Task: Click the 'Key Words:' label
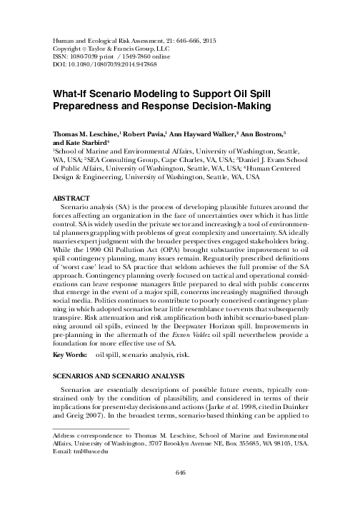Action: pyautogui.click(x=70, y=355)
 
